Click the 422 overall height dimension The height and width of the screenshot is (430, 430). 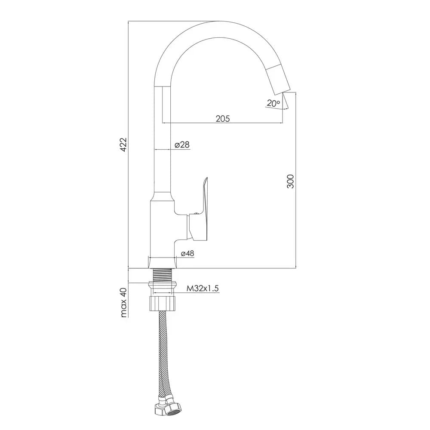pyautogui.click(x=124, y=144)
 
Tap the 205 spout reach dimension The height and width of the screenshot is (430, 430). pyautogui.click(x=223, y=119)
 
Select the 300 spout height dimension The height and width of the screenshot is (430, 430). pyautogui.click(x=290, y=181)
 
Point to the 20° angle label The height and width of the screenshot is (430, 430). pyautogui.click(x=273, y=103)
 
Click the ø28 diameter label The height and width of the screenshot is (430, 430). pyautogui.click(x=182, y=144)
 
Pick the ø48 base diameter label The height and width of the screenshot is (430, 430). pyautogui.click(x=187, y=253)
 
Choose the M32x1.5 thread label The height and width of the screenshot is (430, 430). pyautogui.click(x=203, y=289)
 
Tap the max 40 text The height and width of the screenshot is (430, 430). pyautogui.click(x=124, y=302)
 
